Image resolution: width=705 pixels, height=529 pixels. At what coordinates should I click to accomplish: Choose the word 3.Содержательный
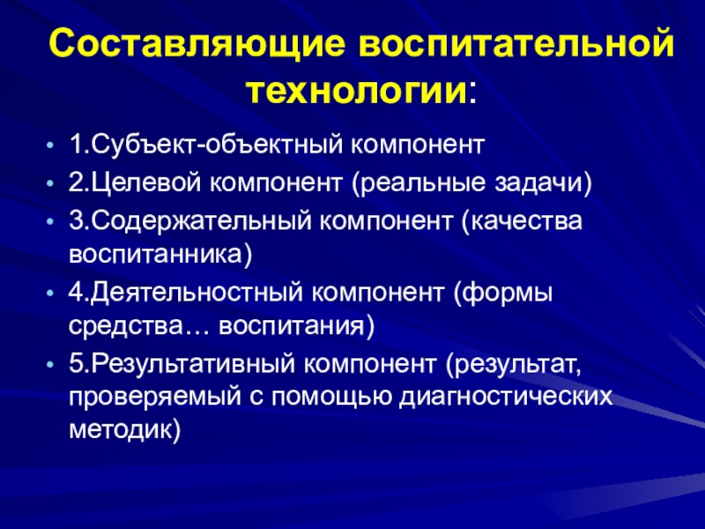coord(190,221)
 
